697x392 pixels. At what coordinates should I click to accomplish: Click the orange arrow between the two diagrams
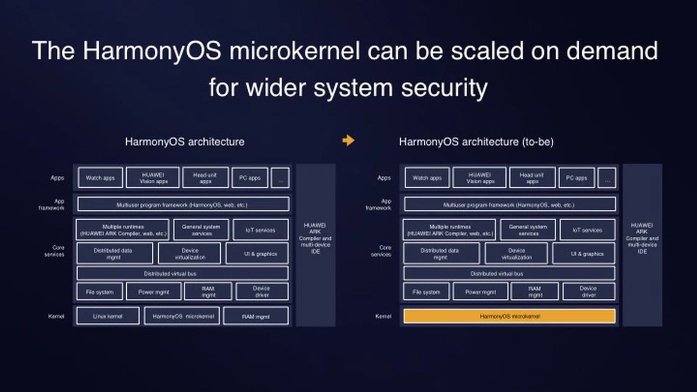tap(348, 140)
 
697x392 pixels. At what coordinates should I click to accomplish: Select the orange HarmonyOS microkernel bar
tap(509, 316)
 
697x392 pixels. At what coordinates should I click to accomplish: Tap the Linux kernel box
tap(108, 316)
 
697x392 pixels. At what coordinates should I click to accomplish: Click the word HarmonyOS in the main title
tap(152, 51)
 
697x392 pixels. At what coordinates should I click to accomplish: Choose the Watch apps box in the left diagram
tap(100, 178)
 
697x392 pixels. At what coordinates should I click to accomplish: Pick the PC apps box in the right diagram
tap(576, 178)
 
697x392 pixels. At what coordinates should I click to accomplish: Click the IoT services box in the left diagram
tap(261, 230)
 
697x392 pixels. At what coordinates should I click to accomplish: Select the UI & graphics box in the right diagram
tap(583, 254)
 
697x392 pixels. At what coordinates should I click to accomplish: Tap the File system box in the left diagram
tap(100, 292)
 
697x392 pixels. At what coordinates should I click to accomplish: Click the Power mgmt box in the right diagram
tap(480, 292)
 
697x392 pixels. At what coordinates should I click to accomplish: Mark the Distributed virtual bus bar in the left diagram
tap(182, 274)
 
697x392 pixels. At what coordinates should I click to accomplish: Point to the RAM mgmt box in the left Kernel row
tap(256, 317)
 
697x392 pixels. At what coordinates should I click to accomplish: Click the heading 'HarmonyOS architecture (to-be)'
tap(476, 142)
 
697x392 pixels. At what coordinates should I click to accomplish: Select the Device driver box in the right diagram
tap(588, 291)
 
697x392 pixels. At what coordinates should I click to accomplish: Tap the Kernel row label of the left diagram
tap(56, 316)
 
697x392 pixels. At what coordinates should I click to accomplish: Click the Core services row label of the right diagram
tap(382, 251)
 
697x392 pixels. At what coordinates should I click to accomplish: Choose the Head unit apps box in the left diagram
tap(205, 178)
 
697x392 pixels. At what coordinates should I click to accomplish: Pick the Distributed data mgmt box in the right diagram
tap(441, 254)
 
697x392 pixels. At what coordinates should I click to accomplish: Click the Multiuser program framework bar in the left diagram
tap(183, 205)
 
